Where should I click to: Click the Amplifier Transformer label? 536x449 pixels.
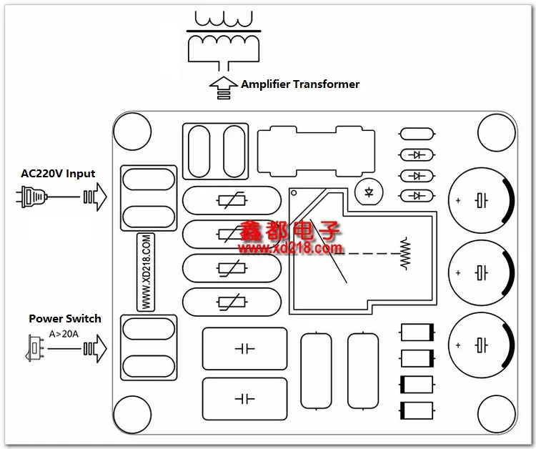[x=300, y=84]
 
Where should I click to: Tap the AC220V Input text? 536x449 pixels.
[x=58, y=174]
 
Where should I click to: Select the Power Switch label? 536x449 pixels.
[x=65, y=319]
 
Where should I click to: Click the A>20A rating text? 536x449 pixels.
[x=64, y=334]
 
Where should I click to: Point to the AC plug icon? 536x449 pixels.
[x=31, y=197]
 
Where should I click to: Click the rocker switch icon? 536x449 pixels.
[x=34, y=348]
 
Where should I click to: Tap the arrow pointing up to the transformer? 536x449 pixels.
[x=224, y=87]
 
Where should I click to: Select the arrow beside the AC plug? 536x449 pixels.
[x=95, y=197]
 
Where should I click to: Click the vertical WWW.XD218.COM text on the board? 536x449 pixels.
[x=146, y=272]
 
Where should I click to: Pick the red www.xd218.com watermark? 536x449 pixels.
[x=291, y=248]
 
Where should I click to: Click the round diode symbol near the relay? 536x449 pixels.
[x=369, y=192]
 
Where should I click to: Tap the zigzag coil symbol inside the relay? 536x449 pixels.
[x=405, y=253]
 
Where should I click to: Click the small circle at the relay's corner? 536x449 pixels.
[x=294, y=193]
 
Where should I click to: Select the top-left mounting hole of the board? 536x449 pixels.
[x=132, y=132]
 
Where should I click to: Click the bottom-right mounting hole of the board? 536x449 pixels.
[x=497, y=414]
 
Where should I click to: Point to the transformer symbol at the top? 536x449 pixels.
[x=224, y=41]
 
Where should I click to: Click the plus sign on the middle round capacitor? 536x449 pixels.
[x=458, y=273]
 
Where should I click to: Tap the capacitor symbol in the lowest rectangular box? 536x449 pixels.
[x=244, y=399]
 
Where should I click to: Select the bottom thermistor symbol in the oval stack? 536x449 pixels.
[x=232, y=302]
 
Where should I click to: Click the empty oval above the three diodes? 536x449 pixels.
[x=417, y=134]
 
